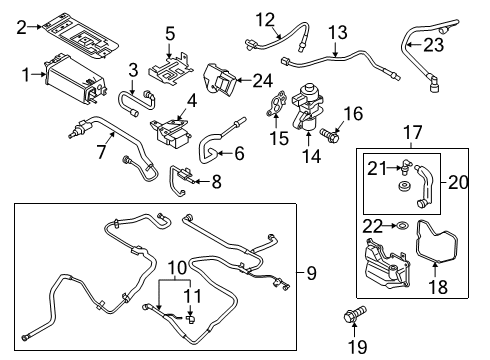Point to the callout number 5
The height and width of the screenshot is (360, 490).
tap(169, 32)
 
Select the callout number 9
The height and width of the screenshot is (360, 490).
tap(311, 272)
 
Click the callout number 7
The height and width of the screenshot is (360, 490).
tap(101, 153)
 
